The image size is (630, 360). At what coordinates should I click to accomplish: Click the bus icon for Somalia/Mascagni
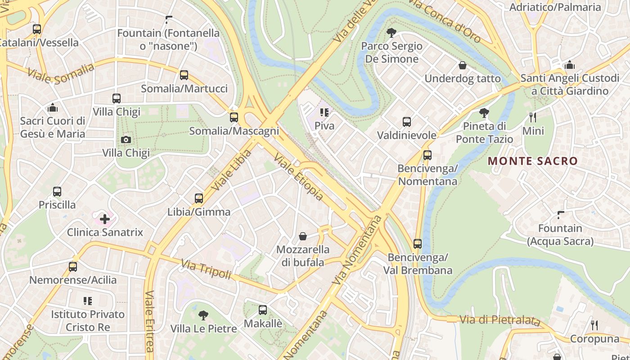click(x=234, y=117)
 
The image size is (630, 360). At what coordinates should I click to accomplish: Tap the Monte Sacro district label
click(x=533, y=161)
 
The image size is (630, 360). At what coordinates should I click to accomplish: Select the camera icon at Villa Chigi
click(x=126, y=139)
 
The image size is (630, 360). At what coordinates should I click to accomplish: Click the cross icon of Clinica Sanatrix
click(x=105, y=219)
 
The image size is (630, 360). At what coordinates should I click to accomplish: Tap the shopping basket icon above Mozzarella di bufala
click(x=303, y=236)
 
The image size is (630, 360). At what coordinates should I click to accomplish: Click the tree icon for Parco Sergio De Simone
click(x=391, y=32)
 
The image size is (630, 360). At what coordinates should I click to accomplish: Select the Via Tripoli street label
click(x=206, y=269)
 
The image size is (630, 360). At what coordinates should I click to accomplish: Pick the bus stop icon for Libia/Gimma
click(x=198, y=198)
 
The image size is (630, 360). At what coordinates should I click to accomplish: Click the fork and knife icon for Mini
click(x=533, y=117)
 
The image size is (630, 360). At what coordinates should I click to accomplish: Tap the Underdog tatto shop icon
click(x=462, y=66)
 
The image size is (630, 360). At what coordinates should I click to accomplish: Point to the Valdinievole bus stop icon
click(x=406, y=122)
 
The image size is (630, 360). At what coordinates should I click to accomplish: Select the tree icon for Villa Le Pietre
click(x=203, y=315)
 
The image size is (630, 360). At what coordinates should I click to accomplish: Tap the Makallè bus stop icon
click(x=263, y=310)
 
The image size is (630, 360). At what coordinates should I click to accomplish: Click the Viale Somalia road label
click(x=61, y=74)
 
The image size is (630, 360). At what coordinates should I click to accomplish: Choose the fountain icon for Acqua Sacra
click(x=560, y=215)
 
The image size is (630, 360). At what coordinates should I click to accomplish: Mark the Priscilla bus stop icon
click(x=57, y=192)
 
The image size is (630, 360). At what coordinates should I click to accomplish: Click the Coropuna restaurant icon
click(x=594, y=325)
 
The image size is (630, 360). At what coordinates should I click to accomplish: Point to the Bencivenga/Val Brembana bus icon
click(x=418, y=244)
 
